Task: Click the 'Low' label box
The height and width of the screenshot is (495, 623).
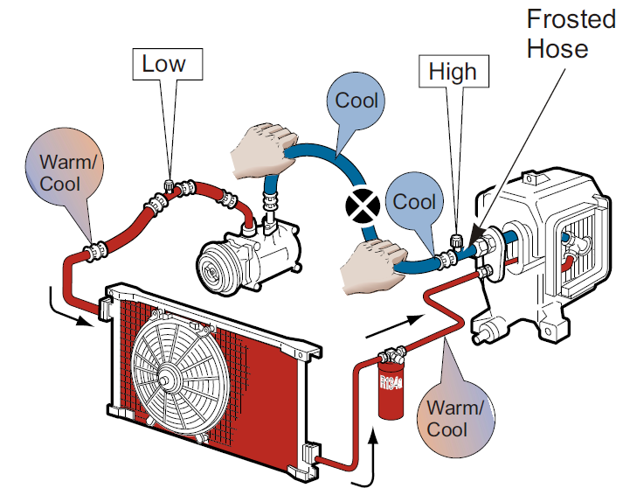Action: point(165,64)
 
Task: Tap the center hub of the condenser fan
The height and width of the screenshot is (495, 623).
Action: point(166,381)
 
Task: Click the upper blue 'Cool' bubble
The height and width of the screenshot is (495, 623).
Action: point(356,100)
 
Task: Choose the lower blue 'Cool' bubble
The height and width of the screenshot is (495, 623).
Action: point(413,202)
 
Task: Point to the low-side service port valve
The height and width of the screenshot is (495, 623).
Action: point(170,185)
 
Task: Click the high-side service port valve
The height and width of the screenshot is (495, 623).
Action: point(454,241)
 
